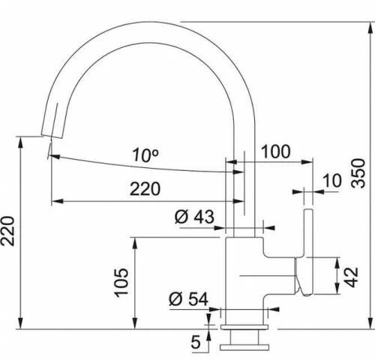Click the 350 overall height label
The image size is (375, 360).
coord(358,173)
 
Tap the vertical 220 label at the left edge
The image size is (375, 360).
coord(7,231)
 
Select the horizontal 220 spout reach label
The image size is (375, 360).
coord(145,189)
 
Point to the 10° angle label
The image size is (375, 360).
coord(145,155)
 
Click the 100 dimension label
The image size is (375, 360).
coord(276,151)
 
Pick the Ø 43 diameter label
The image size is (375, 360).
coord(194,217)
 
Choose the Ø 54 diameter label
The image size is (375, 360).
coord(188,298)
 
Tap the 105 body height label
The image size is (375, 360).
coord(121,283)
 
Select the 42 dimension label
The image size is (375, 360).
coord(351,277)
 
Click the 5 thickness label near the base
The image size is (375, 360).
coord(196,342)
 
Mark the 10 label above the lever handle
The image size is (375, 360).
coord(332,180)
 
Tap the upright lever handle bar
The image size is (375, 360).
coord(308,251)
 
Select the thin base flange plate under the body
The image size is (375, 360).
coord(244,328)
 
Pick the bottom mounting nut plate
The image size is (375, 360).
coord(244,347)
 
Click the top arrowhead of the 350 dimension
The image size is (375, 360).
coord(370,28)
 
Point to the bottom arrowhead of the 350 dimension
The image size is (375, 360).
coord(370,324)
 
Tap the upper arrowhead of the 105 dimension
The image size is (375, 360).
coord(135,243)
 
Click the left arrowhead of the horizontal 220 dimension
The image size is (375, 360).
coord(57,201)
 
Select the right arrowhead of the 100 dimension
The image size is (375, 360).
coord(307,162)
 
